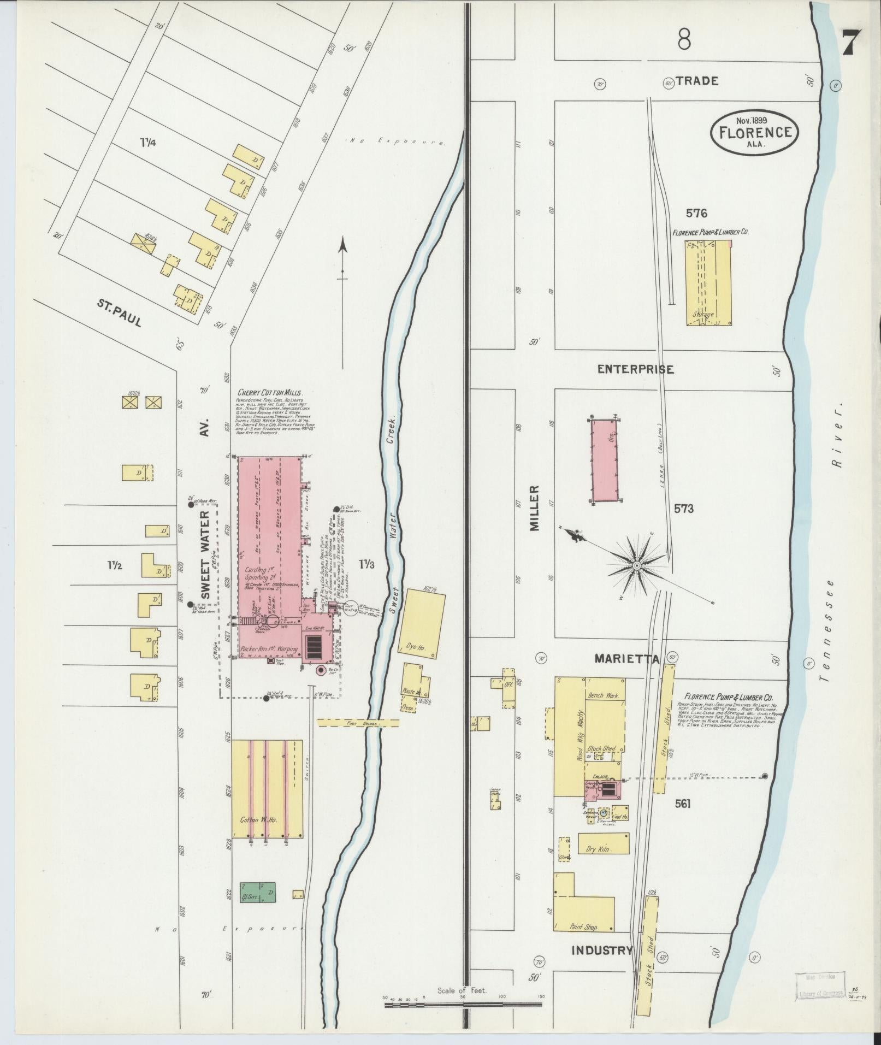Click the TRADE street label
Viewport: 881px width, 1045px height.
[x=696, y=81]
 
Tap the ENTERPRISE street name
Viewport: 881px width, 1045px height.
[x=635, y=369]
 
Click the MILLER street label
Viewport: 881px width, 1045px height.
[x=534, y=507]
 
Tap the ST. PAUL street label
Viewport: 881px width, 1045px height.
[x=120, y=313]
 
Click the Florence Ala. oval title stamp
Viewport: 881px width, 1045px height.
[x=754, y=132]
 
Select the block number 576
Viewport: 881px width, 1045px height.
[x=697, y=213]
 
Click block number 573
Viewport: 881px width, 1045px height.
[x=683, y=509]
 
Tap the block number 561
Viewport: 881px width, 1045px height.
[x=682, y=804]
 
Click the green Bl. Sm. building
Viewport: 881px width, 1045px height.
[x=258, y=892]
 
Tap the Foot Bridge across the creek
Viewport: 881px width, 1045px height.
[x=358, y=723]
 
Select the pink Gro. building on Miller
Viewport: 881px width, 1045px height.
[x=605, y=460]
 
